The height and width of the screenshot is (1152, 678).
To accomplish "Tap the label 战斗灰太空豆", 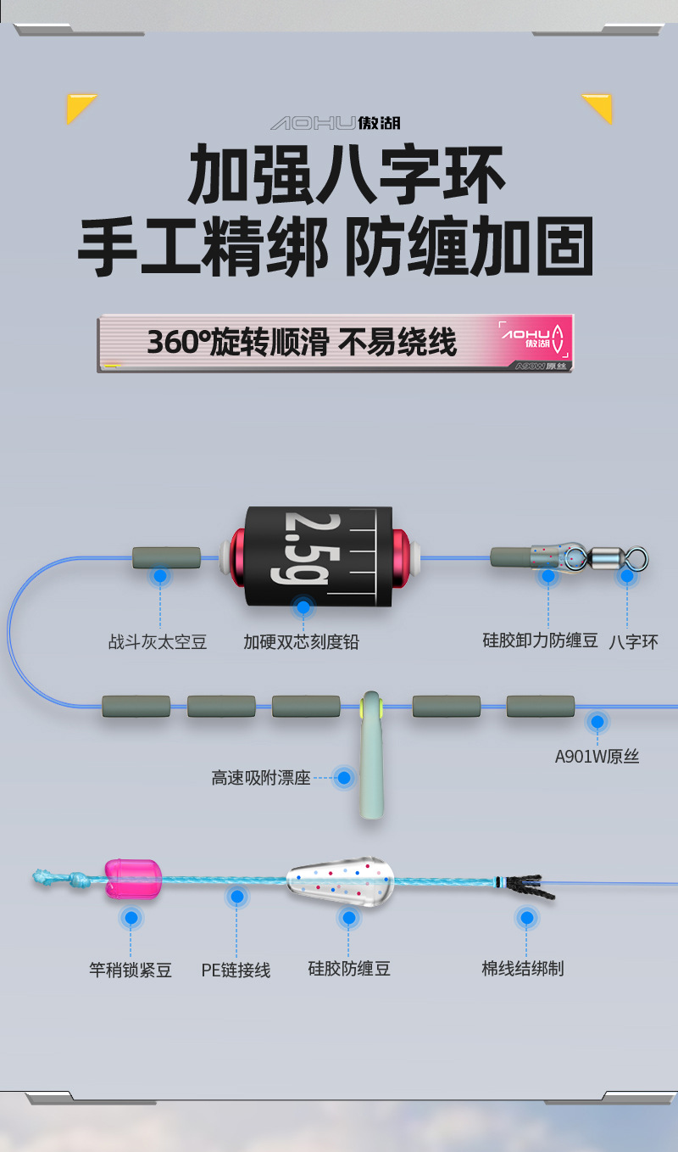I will tap(158, 642).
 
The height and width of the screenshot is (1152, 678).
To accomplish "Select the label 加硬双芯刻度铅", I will tap(301, 642).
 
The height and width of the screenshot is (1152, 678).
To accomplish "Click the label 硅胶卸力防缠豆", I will tap(540, 640).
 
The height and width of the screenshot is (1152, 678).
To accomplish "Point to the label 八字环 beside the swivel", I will tap(633, 642).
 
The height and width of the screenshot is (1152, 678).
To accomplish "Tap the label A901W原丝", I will tap(597, 756).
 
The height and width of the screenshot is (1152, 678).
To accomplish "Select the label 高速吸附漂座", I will tap(261, 777).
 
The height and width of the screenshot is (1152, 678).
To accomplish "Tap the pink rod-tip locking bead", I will tap(133, 879).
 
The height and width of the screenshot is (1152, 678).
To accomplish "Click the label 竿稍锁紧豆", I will tap(131, 970).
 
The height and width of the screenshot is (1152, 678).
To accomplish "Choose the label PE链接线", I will tap(236, 970).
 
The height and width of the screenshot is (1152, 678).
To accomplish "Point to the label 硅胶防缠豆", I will tap(349, 969).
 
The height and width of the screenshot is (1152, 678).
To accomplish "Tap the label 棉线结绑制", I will tap(523, 969).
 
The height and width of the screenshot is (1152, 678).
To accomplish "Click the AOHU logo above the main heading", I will tap(336, 124).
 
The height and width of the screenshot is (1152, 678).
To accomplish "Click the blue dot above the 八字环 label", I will tap(626, 576).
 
